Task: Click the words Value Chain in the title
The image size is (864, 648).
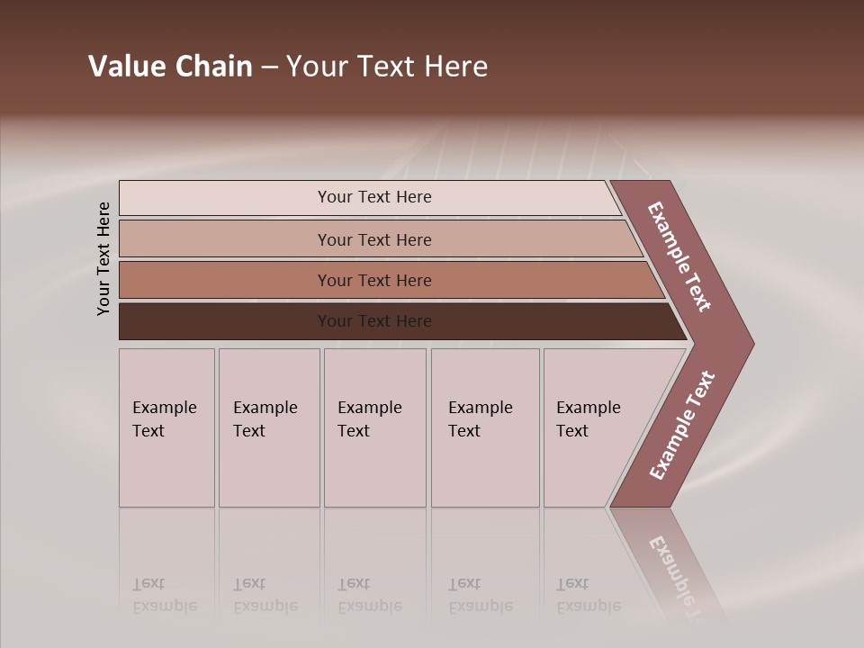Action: click(x=170, y=67)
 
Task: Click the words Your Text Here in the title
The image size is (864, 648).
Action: click(x=387, y=67)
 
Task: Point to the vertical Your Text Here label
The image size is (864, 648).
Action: click(x=103, y=258)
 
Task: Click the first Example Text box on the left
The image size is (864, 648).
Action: click(x=166, y=427)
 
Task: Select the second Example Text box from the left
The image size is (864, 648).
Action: click(x=268, y=427)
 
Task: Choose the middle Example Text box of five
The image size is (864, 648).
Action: click(x=374, y=427)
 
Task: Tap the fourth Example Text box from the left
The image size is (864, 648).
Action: click(x=484, y=427)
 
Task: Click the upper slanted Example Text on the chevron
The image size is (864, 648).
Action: click(x=679, y=256)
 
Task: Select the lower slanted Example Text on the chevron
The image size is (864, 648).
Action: click(x=682, y=425)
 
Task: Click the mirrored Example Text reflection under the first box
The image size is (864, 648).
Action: click(x=164, y=596)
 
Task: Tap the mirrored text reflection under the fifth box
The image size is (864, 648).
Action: click(x=589, y=596)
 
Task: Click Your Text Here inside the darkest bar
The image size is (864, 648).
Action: click(x=374, y=321)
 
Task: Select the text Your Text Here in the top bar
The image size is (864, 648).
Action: click(x=374, y=197)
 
